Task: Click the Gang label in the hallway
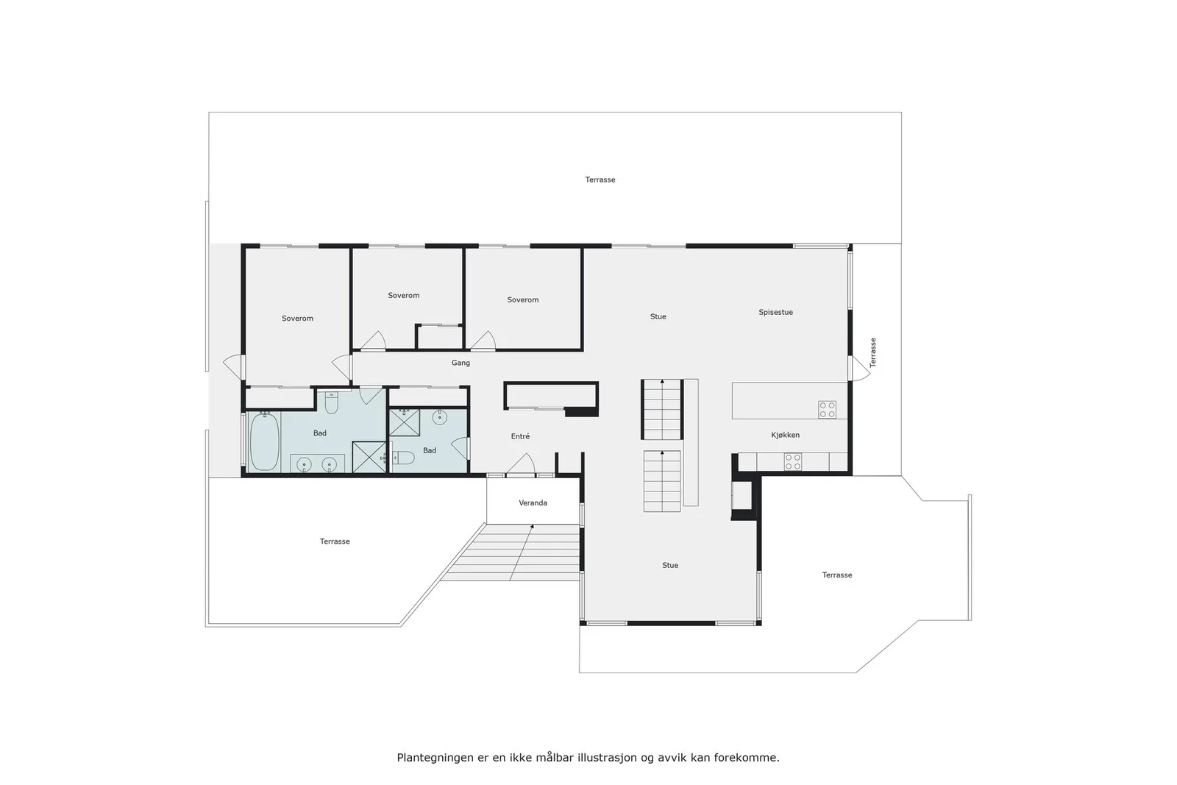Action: [x=461, y=363]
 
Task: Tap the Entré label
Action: [x=520, y=436]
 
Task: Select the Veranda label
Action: [x=533, y=502]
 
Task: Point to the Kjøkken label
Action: [x=785, y=435]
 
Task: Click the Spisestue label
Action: [x=775, y=312]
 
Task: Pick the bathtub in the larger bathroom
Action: [x=264, y=441]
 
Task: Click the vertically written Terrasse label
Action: [x=872, y=352]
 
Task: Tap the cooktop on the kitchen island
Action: [x=827, y=410]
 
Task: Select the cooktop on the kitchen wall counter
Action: [x=793, y=462]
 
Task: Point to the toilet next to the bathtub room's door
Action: [x=331, y=402]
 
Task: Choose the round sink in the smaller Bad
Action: [x=439, y=418]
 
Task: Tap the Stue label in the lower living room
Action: [x=670, y=565]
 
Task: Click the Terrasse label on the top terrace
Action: [x=600, y=180]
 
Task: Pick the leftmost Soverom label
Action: [x=297, y=319]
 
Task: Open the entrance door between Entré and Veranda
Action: [x=521, y=465]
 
